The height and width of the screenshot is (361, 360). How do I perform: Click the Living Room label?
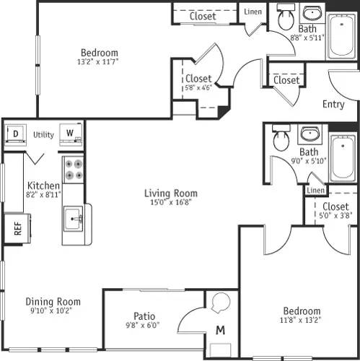click(x=170, y=193)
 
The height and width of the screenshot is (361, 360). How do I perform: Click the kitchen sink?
click(x=74, y=217)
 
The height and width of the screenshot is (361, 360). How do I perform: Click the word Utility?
click(x=43, y=134)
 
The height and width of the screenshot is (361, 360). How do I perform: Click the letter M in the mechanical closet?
click(x=221, y=331)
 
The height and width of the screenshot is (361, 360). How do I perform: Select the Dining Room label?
click(x=53, y=302)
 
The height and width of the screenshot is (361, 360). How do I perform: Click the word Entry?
click(x=333, y=104)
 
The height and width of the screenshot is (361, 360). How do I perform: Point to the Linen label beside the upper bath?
click(x=253, y=12)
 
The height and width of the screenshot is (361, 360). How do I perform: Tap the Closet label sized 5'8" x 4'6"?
click(x=198, y=79)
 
